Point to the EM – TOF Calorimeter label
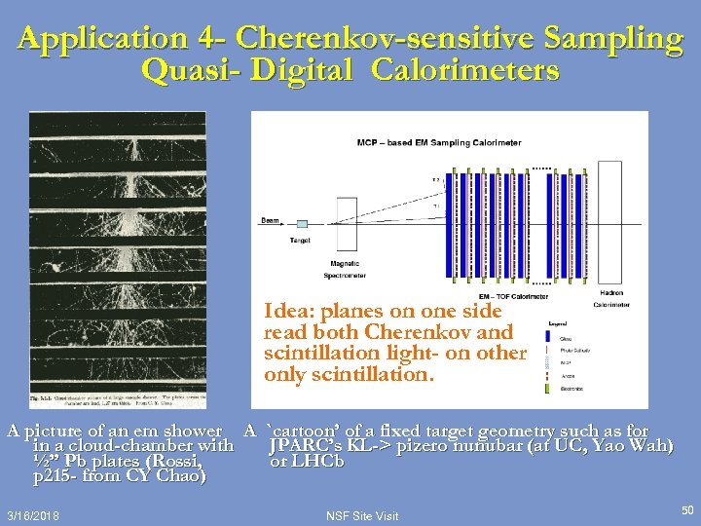pos(513,296)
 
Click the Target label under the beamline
pos(301,240)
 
